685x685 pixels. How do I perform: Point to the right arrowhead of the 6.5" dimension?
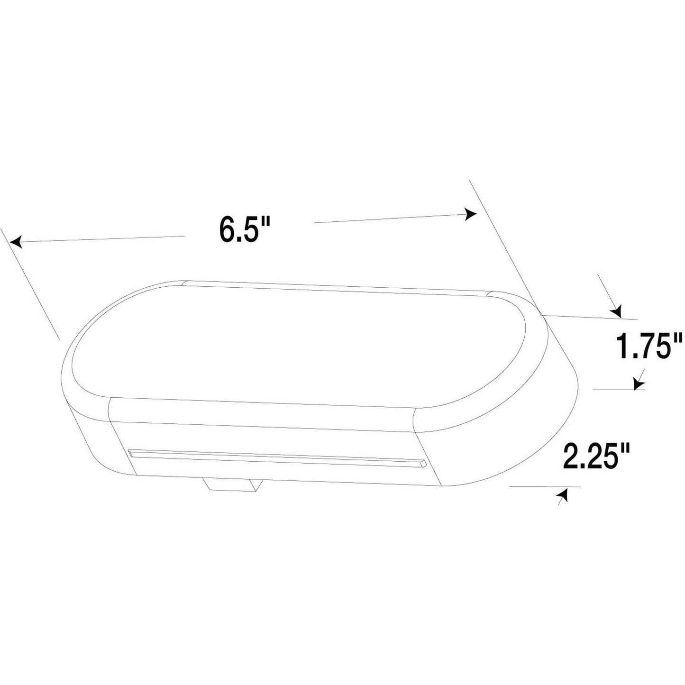471,214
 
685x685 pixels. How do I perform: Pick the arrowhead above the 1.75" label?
616,311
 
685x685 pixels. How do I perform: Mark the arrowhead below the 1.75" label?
637,382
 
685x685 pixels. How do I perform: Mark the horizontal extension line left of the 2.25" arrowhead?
545,486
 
